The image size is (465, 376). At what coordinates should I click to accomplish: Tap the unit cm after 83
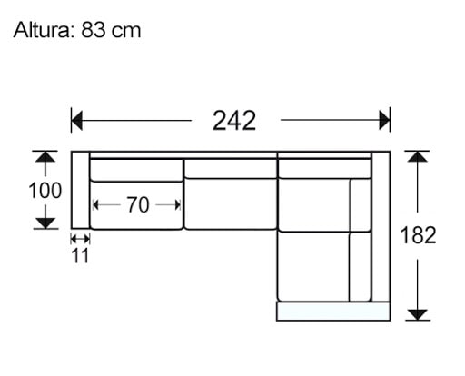[x=126, y=30]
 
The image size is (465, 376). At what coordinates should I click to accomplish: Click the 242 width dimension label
[x=233, y=119]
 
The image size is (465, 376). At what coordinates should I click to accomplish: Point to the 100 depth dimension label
[x=44, y=191]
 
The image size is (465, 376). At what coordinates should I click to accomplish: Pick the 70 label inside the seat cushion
[x=137, y=205]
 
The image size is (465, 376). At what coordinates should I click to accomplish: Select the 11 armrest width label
[x=80, y=256]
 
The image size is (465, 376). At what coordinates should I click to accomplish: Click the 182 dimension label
[x=418, y=236]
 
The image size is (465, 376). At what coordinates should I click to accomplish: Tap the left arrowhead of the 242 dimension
[x=77, y=119]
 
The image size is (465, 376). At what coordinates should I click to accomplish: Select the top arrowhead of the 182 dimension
[x=417, y=157]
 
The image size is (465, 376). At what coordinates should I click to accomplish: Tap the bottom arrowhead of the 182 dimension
[x=417, y=314]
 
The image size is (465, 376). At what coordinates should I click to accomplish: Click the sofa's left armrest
[x=80, y=190]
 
